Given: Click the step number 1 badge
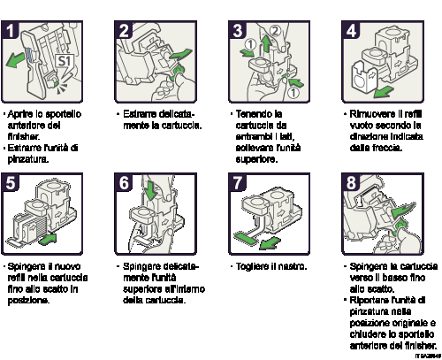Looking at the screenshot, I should pyautogui.click(x=11, y=31).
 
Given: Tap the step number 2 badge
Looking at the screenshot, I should pyautogui.click(x=124, y=31).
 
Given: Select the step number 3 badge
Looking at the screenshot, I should pyautogui.click(x=237, y=31).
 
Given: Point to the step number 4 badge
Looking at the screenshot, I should pyautogui.click(x=350, y=31).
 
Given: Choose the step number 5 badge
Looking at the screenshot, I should pyautogui.click(x=11, y=183).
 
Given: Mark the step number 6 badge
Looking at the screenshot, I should pyautogui.click(x=124, y=183).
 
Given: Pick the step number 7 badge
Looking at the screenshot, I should pyautogui.click(x=237, y=183).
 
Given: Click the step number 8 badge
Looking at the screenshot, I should pyautogui.click(x=350, y=183).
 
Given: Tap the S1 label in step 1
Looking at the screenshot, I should pyautogui.click(x=65, y=61).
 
